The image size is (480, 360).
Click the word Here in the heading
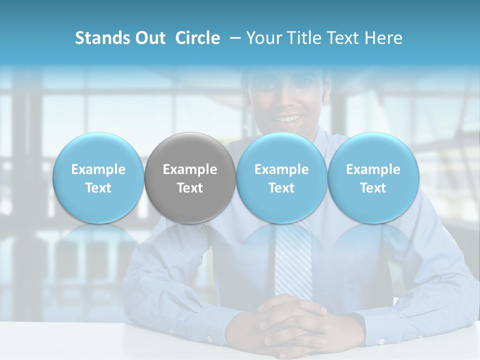point(385,38)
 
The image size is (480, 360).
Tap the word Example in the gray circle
point(190,169)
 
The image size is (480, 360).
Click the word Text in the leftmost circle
point(98,188)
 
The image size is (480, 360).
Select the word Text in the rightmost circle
point(373,188)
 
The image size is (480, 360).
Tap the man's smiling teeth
point(287,119)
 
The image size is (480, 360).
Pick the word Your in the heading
point(263,38)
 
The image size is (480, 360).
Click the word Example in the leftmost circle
point(98,169)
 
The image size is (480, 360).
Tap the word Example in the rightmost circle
point(373,169)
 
